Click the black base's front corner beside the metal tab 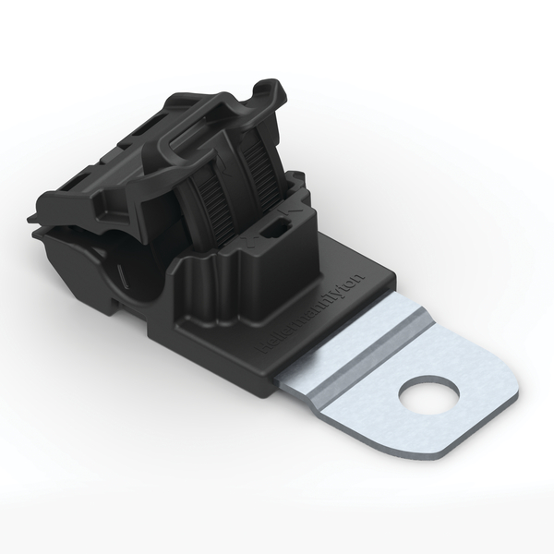273,391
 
